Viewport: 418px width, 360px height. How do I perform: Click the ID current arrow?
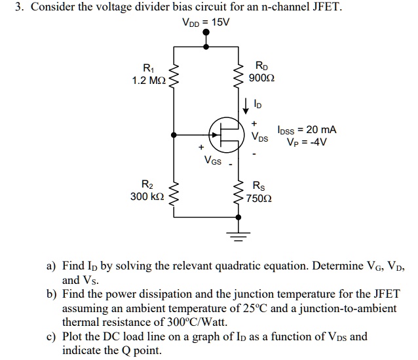click(245, 104)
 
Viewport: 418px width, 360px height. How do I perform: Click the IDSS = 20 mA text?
click(307, 130)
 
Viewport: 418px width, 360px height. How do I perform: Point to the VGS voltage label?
click(212, 159)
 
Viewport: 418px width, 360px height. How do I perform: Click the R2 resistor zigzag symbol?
click(173, 191)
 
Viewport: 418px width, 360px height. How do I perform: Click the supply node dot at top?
click(206, 46)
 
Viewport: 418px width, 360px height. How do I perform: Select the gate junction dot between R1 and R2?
click(173, 136)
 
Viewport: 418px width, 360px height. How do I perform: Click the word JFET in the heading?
click(324, 8)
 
